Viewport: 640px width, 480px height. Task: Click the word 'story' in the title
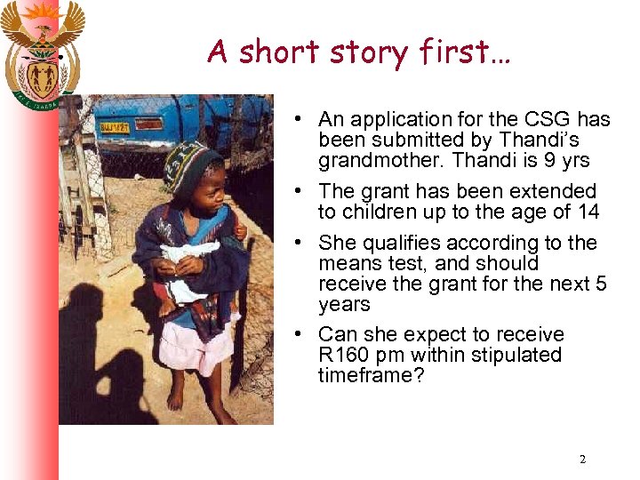363,52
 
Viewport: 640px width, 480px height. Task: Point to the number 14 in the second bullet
588,212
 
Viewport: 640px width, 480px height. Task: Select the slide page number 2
582,460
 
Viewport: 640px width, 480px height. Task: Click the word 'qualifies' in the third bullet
399,243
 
